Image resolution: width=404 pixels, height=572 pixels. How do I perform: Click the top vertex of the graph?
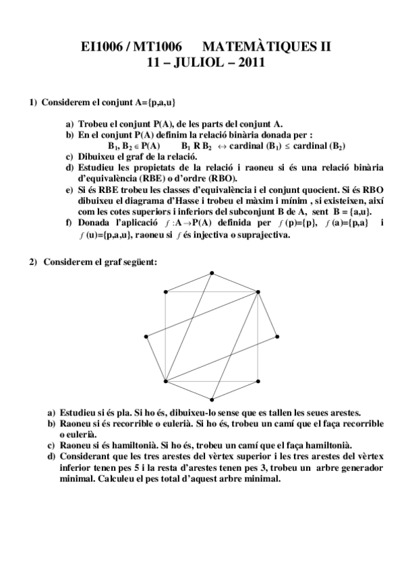[212, 273]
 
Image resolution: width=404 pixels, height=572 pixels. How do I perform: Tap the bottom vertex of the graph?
[212, 399]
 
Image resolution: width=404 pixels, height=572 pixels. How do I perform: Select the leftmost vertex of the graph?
[146, 336]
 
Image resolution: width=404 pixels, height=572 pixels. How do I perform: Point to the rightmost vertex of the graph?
[277, 336]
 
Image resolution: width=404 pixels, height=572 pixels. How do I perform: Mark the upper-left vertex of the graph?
[166, 291]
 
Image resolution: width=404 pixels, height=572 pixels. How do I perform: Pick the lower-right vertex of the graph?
[258, 380]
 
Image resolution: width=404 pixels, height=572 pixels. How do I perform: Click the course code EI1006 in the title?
[98, 47]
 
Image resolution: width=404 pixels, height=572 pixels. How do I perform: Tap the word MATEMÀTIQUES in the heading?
[260, 47]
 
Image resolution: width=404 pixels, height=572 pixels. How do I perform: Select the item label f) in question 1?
[69, 223]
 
